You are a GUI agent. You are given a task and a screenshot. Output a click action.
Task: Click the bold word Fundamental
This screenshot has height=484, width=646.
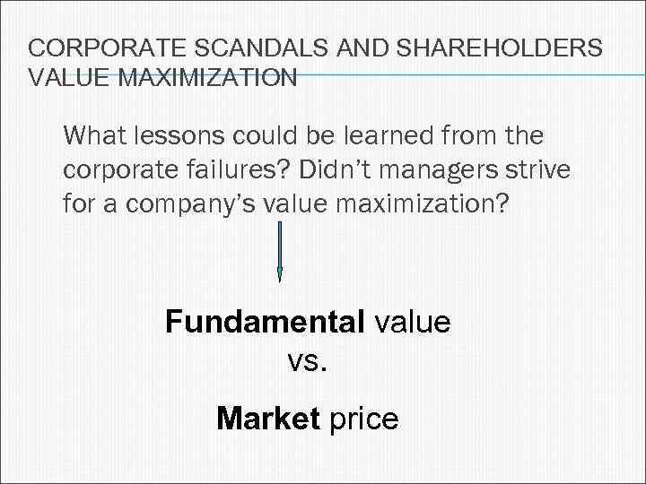tap(261, 322)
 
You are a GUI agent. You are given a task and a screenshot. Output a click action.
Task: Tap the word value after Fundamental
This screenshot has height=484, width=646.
tap(408, 322)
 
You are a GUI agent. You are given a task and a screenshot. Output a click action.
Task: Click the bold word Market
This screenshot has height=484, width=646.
tap(267, 418)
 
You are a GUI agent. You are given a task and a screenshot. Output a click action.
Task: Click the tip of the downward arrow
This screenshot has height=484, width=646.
tap(280, 279)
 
